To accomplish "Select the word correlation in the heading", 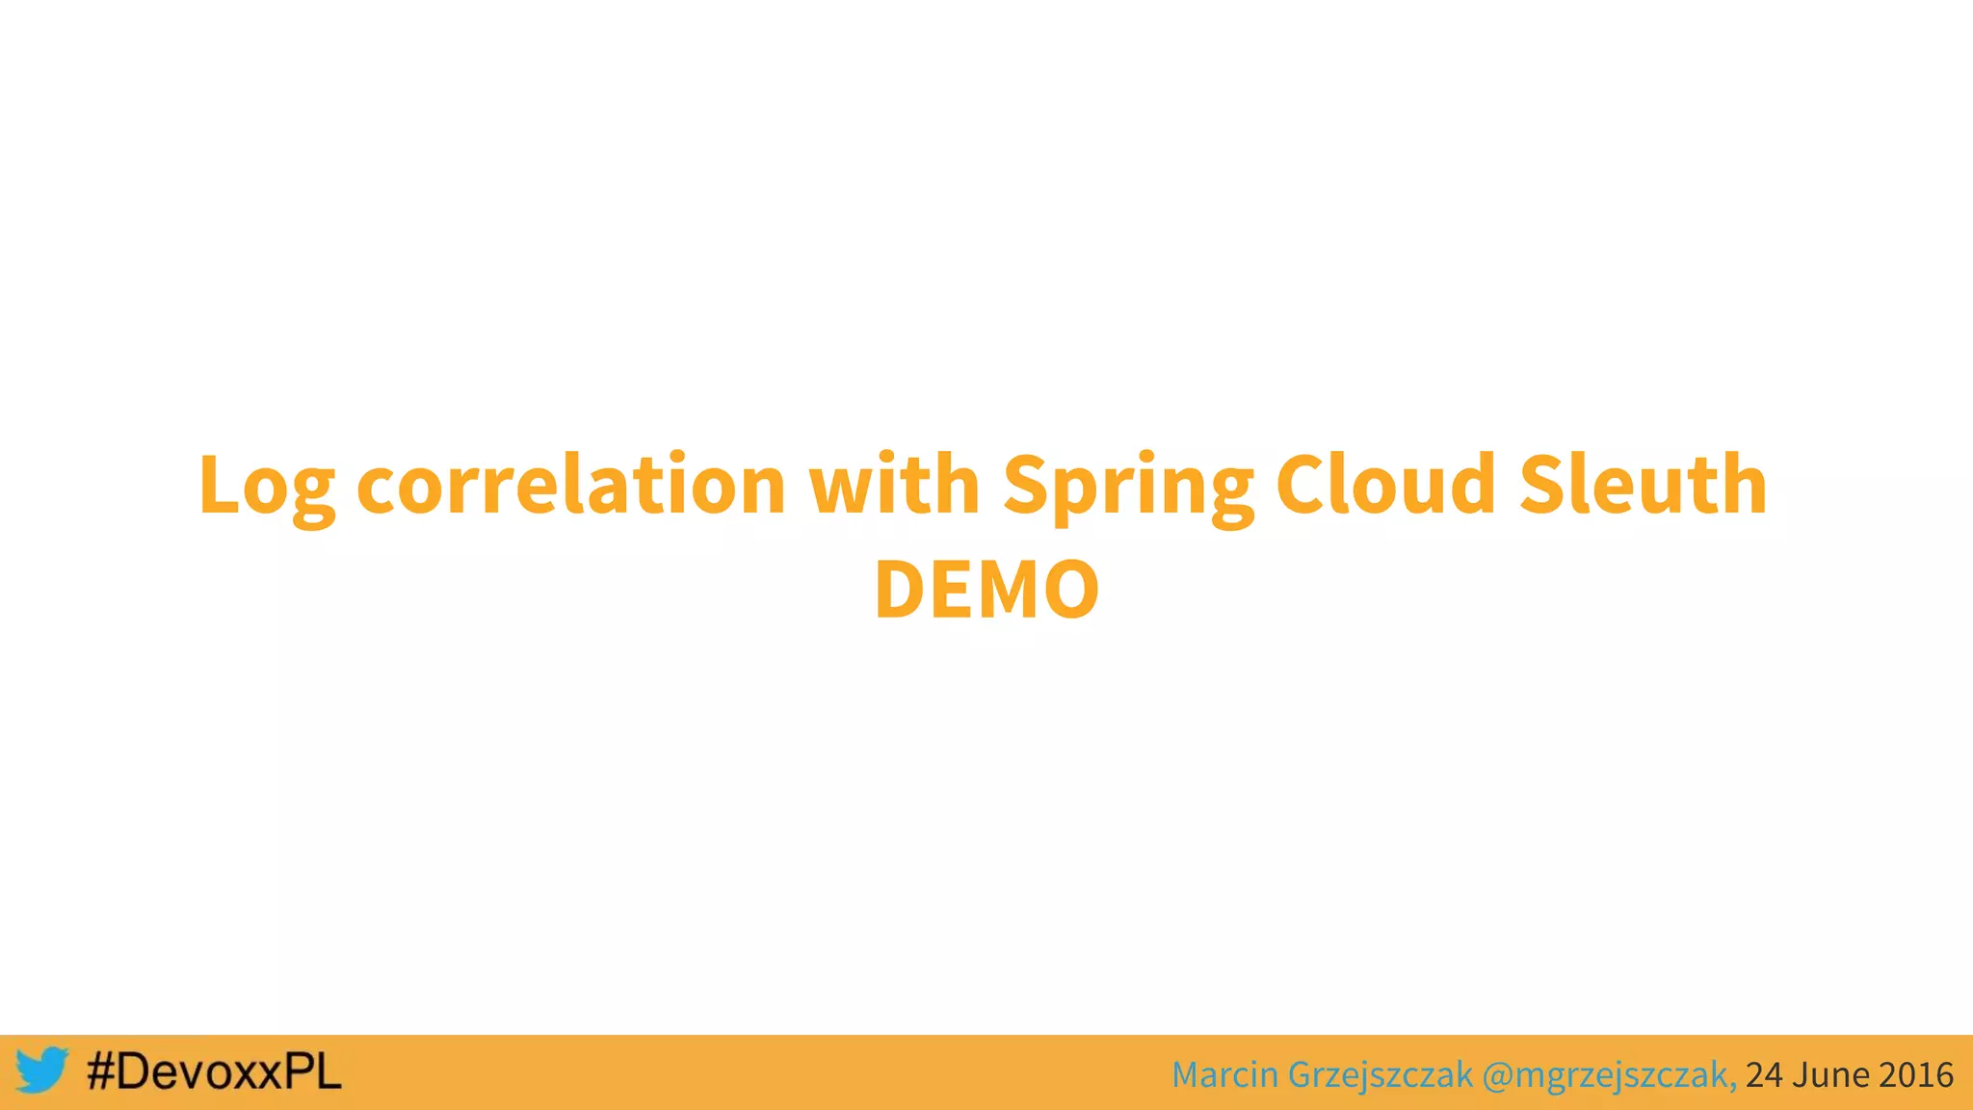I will click(570, 485).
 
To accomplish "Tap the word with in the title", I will click(894, 485).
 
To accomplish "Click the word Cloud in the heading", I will click(1385, 485).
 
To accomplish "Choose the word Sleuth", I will click(1643, 485).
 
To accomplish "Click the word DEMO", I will click(986, 590).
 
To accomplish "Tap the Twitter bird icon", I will click(41, 1070).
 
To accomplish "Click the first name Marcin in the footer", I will click(1224, 1074).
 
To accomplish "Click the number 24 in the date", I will click(1763, 1074).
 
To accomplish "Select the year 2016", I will click(1915, 1074).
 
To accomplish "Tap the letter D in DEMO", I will click(902, 590).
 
